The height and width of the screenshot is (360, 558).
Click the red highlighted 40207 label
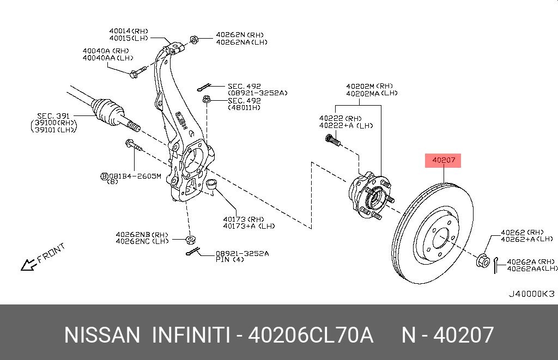[444, 161]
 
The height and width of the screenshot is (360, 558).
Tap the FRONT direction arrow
[27, 265]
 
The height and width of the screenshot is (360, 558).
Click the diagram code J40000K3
[531, 294]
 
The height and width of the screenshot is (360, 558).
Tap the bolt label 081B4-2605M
[134, 176]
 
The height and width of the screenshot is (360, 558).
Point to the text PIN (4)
[229, 260]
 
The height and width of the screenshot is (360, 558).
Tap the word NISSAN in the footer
[102, 335]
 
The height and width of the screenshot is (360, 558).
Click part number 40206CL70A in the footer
[311, 335]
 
